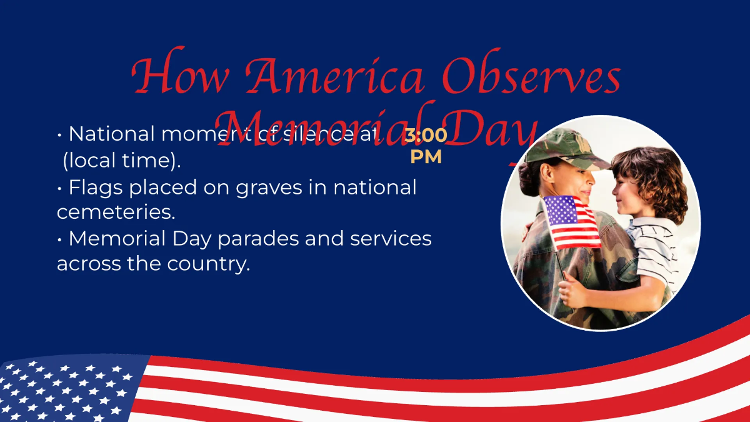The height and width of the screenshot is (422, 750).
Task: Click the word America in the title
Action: pyautogui.click(x=334, y=78)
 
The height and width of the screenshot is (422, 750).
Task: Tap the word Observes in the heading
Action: pyautogui.click(x=531, y=78)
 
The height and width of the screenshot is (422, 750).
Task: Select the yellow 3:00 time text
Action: pyautogui.click(x=426, y=135)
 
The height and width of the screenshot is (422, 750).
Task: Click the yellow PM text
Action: pyautogui.click(x=426, y=156)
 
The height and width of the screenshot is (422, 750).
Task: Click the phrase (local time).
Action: pyautogui.click(x=122, y=161)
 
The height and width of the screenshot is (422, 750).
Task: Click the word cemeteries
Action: pyautogui.click(x=116, y=212)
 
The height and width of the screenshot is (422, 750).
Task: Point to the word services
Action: pyautogui.click(x=387, y=238)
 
